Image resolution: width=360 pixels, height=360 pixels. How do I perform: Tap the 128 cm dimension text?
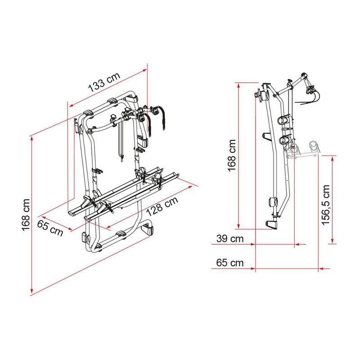click(x=160, y=207)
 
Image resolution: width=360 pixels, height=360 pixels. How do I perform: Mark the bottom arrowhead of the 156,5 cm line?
click(x=333, y=243)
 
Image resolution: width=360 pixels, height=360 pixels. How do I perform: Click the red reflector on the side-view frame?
click(x=259, y=95)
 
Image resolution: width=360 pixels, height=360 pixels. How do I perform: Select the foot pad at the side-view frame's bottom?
click(x=272, y=224)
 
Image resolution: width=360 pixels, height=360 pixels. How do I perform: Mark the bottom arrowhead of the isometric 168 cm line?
click(x=31, y=291)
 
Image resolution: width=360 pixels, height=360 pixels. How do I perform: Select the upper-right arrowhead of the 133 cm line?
click(x=145, y=69)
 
